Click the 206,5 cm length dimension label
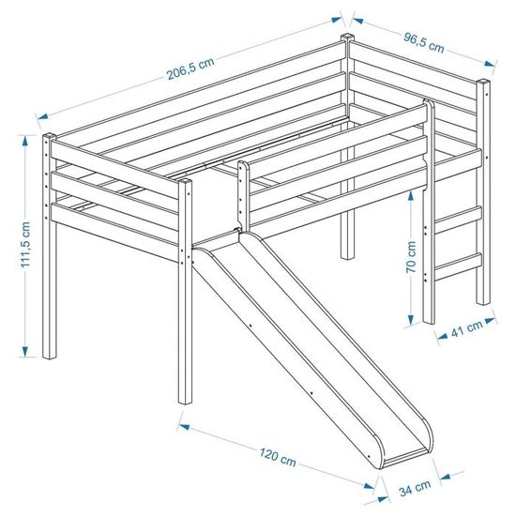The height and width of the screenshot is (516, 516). tap(190, 69)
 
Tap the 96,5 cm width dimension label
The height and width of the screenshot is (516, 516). tap(424, 43)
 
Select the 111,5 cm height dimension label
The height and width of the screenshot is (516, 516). tap(25, 245)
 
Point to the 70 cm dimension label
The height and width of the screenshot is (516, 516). tap(411, 257)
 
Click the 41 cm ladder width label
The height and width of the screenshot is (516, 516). tap(467, 328)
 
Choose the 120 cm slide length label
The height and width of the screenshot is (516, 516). tap(278, 457)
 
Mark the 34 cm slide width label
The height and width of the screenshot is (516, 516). tap(415, 488)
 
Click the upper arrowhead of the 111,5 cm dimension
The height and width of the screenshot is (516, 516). tap(24, 142)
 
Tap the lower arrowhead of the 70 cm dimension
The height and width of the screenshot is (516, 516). tap(411, 320)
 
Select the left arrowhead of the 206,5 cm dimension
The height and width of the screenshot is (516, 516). tap(43, 115)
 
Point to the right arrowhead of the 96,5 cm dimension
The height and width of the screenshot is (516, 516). tap(490, 63)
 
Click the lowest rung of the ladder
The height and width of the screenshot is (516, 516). tap(458, 266)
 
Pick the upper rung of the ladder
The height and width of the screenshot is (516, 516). tap(458, 220)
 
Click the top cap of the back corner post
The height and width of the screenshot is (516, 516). tap(347, 37)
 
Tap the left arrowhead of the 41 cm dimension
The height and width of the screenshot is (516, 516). tap(442, 336)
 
